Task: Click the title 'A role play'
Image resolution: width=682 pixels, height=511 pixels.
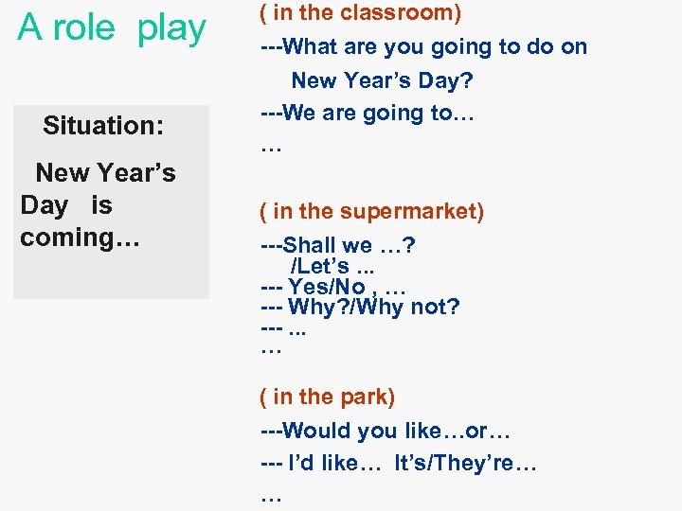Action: (x=112, y=28)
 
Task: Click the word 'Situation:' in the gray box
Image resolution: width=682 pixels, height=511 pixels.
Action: (x=103, y=125)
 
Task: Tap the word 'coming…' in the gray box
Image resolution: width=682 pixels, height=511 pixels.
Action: (x=80, y=237)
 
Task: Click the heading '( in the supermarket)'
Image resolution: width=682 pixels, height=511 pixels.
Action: (x=372, y=211)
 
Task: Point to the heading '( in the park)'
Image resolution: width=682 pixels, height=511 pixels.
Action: (x=328, y=396)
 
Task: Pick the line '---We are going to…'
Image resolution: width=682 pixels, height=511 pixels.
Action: (x=368, y=113)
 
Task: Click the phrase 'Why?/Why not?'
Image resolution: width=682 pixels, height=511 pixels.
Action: (x=373, y=307)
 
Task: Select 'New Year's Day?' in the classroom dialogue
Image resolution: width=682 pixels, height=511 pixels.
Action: (x=382, y=80)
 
